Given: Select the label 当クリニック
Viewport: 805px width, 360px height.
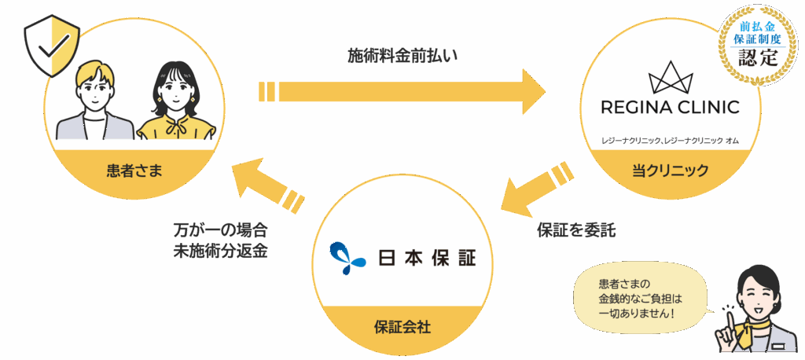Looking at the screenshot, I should [x=671, y=169].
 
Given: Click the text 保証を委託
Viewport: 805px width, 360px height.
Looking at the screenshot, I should [x=575, y=231].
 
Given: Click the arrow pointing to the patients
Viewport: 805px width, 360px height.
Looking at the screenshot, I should [x=267, y=186].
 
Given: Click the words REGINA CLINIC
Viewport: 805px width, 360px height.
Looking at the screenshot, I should [x=671, y=107].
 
